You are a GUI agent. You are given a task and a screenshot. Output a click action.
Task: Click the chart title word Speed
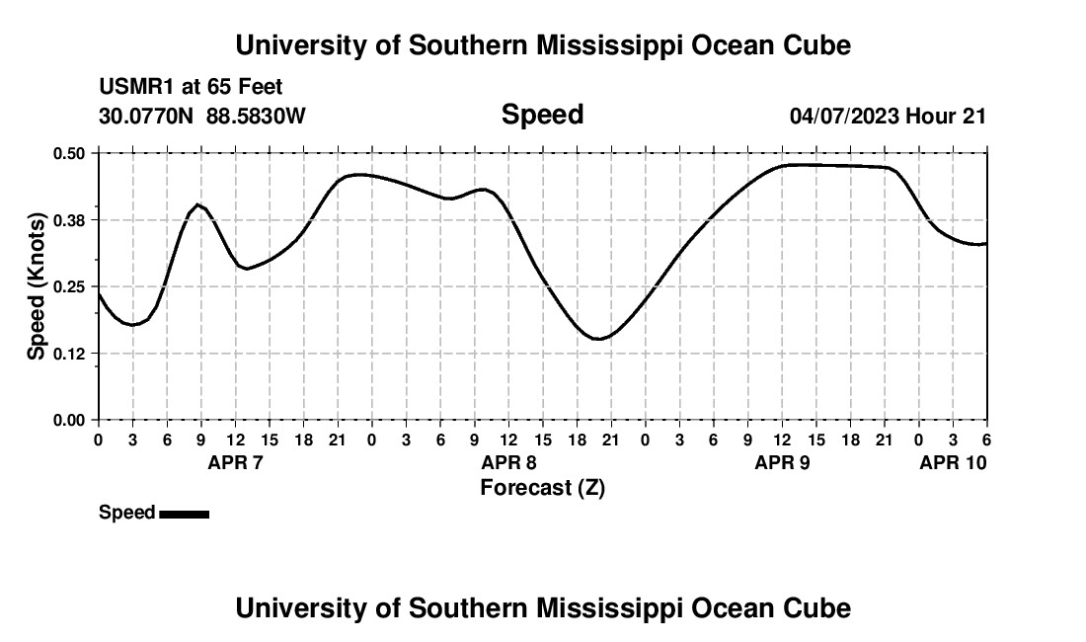pyautogui.click(x=542, y=115)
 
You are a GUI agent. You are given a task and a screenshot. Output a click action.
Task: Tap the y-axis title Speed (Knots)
pyautogui.click(x=37, y=285)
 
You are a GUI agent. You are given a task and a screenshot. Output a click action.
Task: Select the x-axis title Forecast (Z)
pyautogui.click(x=542, y=487)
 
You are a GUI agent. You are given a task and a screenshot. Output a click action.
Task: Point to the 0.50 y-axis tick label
pyautogui.click(x=69, y=153)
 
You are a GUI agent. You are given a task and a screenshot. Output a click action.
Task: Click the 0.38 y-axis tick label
pyautogui.click(x=69, y=219)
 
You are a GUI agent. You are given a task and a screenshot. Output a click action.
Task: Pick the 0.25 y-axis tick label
pyautogui.click(x=69, y=286)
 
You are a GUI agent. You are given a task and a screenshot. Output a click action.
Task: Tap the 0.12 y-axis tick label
pyautogui.click(x=69, y=353)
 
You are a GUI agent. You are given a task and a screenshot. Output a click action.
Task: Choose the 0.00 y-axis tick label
pyautogui.click(x=69, y=420)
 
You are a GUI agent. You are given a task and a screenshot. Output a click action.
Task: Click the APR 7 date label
pyautogui.click(x=235, y=462)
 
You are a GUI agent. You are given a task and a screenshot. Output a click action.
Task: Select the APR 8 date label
pyautogui.click(x=508, y=462)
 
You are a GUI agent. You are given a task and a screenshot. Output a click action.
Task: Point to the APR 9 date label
pyautogui.click(x=782, y=462)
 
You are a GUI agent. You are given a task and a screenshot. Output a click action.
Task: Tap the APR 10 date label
pyautogui.click(x=953, y=462)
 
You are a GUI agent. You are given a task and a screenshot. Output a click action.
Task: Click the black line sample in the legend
pyautogui.click(x=184, y=514)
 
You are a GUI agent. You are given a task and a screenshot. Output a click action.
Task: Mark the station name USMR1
pyautogui.click(x=132, y=88)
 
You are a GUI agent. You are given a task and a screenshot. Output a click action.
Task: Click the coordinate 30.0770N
pyautogui.click(x=147, y=116)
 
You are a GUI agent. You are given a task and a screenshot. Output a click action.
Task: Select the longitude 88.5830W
pyautogui.click(x=256, y=116)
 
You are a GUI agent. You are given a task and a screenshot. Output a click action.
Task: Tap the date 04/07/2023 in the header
pyautogui.click(x=844, y=116)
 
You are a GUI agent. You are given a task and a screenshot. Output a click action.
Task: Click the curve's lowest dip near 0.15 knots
pyautogui.click(x=598, y=339)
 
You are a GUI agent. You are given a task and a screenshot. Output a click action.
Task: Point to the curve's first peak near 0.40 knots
pyautogui.click(x=197, y=204)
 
